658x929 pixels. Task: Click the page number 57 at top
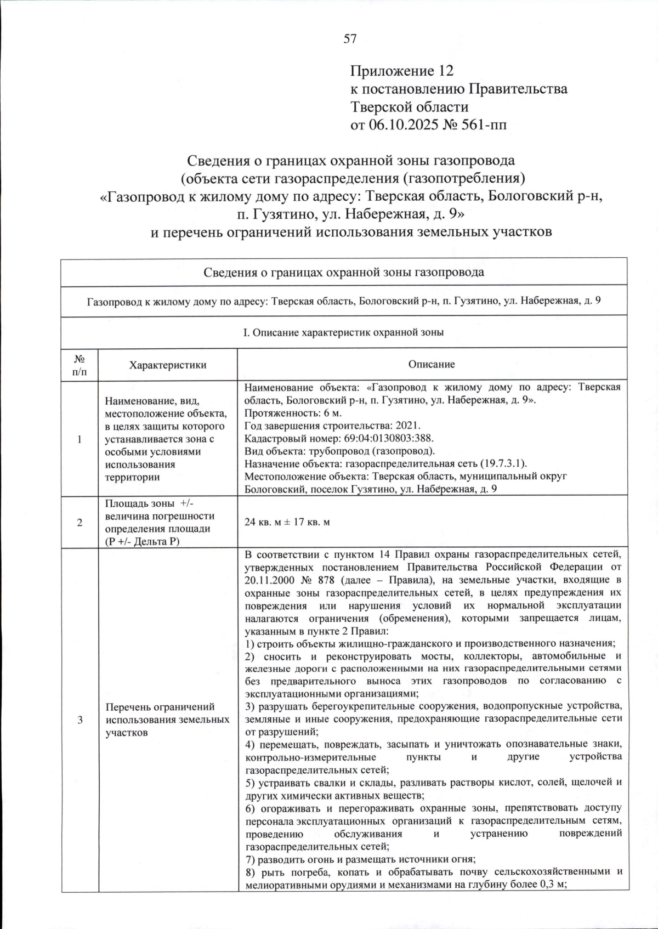click(350, 38)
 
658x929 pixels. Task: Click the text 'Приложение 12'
click(402, 71)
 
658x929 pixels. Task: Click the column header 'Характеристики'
click(167, 365)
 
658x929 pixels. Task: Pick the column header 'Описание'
click(432, 365)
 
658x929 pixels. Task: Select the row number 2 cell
click(80, 523)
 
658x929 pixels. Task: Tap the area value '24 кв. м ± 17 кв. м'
click(287, 522)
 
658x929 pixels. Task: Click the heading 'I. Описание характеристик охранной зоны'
click(343, 332)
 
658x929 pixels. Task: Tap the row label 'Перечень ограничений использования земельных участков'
click(167, 720)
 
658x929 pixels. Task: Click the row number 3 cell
click(80, 720)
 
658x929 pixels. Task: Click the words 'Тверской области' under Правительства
click(409, 107)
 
